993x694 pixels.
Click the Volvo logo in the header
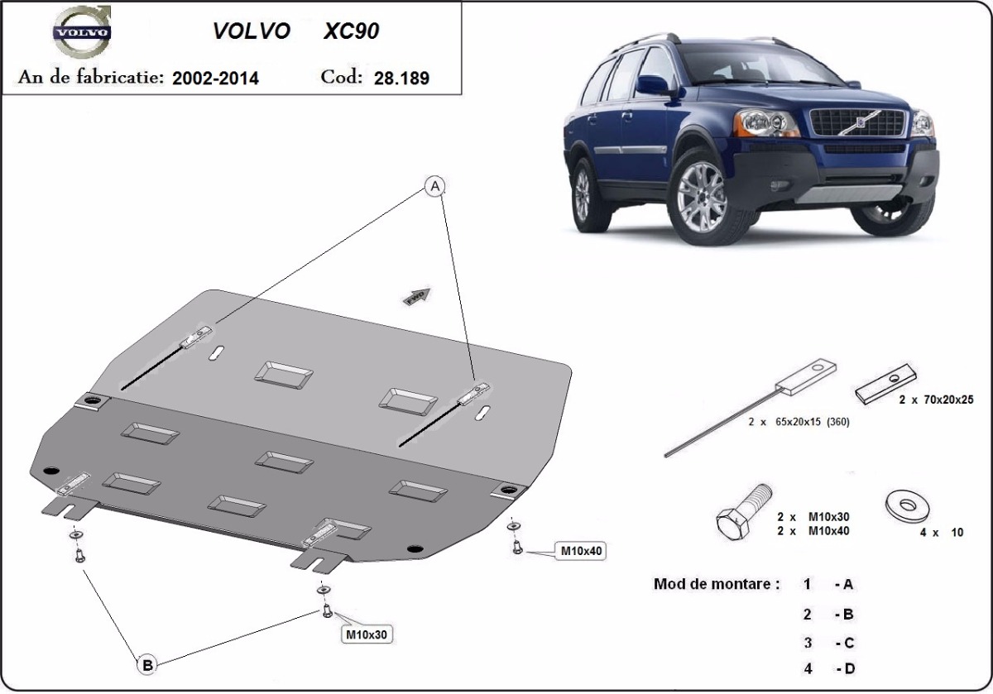[81, 32]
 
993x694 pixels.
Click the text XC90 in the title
[352, 31]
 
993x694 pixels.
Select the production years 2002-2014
[215, 79]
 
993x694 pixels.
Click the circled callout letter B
[146, 663]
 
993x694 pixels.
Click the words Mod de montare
[717, 584]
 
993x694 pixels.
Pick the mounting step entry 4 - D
[828, 668]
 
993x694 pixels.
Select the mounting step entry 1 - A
[828, 585]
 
